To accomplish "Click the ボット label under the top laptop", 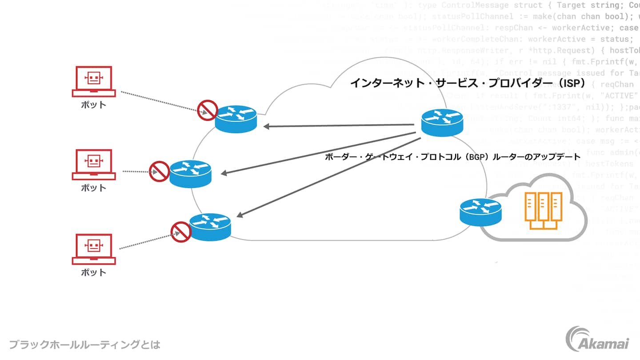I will (x=94, y=105).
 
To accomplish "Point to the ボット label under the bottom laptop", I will (x=94, y=272).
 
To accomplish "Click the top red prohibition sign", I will (x=207, y=110).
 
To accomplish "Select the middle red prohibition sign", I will (x=159, y=171).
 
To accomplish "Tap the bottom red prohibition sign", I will (x=181, y=232).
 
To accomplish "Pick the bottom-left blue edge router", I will (x=210, y=227).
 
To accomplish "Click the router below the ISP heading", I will (x=442, y=122).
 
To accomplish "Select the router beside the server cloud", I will (x=480, y=211).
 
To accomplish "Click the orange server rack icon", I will (x=543, y=210).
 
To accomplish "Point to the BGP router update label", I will (x=452, y=157).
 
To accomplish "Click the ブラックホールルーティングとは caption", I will (x=84, y=344).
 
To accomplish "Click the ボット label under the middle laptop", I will (x=94, y=188).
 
